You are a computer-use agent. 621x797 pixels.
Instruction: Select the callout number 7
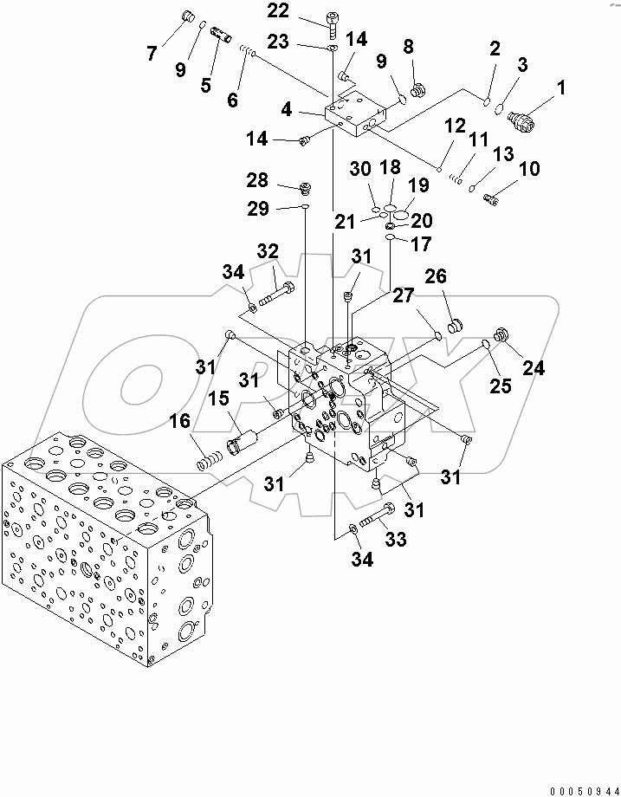[x=152, y=53]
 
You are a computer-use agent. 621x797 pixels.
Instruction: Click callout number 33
[x=396, y=540]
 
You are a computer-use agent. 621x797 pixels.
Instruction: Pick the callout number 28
[x=257, y=180]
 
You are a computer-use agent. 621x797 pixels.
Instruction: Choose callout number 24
[x=534, y=368]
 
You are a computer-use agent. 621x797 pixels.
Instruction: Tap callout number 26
[x=435, y=276]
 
